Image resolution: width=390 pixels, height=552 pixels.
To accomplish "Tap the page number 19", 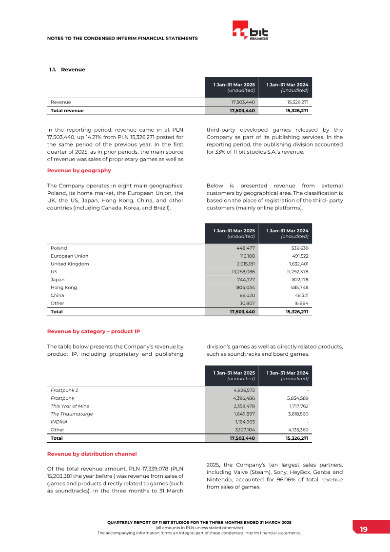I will click(364, 530).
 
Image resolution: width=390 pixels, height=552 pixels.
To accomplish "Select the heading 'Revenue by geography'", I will click(78, 170).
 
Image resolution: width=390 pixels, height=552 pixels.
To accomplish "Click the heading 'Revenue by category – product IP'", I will click(93, 331).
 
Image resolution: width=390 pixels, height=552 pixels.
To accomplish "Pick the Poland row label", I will click(59, 248).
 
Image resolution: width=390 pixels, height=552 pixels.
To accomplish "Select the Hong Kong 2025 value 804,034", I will click(244, 287).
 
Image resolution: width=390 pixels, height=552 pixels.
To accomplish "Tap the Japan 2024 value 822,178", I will click(298, 280).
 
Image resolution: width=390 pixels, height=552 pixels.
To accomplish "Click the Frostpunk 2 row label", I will click(64, 390).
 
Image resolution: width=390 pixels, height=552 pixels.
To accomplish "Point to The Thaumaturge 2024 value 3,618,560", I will click(295, 414).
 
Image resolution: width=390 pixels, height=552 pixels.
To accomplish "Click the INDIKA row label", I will click(59, 422).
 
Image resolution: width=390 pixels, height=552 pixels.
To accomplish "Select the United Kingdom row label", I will click(70, 264).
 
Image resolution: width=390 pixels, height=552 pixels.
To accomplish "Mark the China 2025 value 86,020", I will click(246, 295).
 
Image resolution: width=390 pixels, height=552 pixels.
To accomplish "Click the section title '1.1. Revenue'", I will click(67, 69).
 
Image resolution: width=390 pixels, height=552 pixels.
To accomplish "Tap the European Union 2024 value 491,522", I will click(298, 256).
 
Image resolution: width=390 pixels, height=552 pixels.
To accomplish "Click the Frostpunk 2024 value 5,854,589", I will click(295, 398).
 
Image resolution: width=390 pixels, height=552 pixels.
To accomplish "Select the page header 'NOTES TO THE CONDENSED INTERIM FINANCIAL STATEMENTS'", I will click(122, 38).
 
